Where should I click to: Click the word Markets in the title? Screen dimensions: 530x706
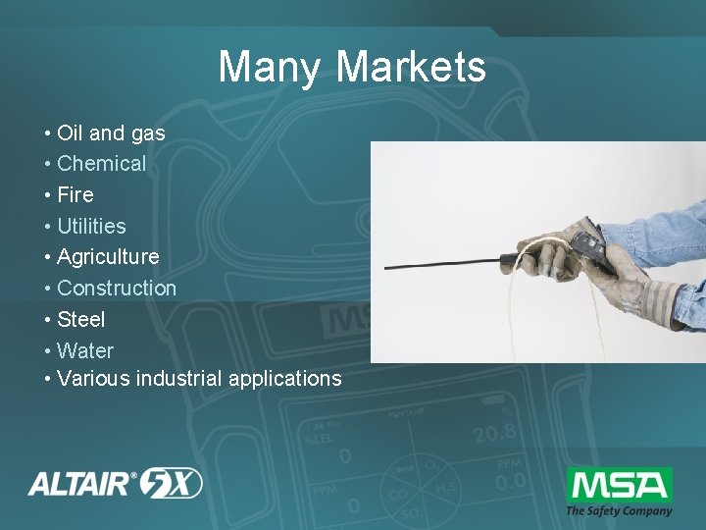(411, 67)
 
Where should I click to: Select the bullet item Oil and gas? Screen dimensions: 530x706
(111, 132)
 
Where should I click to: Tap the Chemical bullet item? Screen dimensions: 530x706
(101, 164)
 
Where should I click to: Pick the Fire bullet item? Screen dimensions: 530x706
(76, 194)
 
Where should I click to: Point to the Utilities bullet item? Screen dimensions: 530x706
(91, 226)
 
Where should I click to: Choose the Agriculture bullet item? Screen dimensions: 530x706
(108, 257)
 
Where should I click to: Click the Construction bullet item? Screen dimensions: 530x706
(117, 289)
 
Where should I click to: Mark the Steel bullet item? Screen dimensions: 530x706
(81, 320)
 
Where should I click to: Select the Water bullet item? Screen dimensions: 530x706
(85, 351)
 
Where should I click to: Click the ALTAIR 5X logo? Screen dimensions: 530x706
(116, 483)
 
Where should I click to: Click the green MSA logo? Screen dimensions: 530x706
(619, 485)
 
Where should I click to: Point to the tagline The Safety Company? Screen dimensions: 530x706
(619, 510)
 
